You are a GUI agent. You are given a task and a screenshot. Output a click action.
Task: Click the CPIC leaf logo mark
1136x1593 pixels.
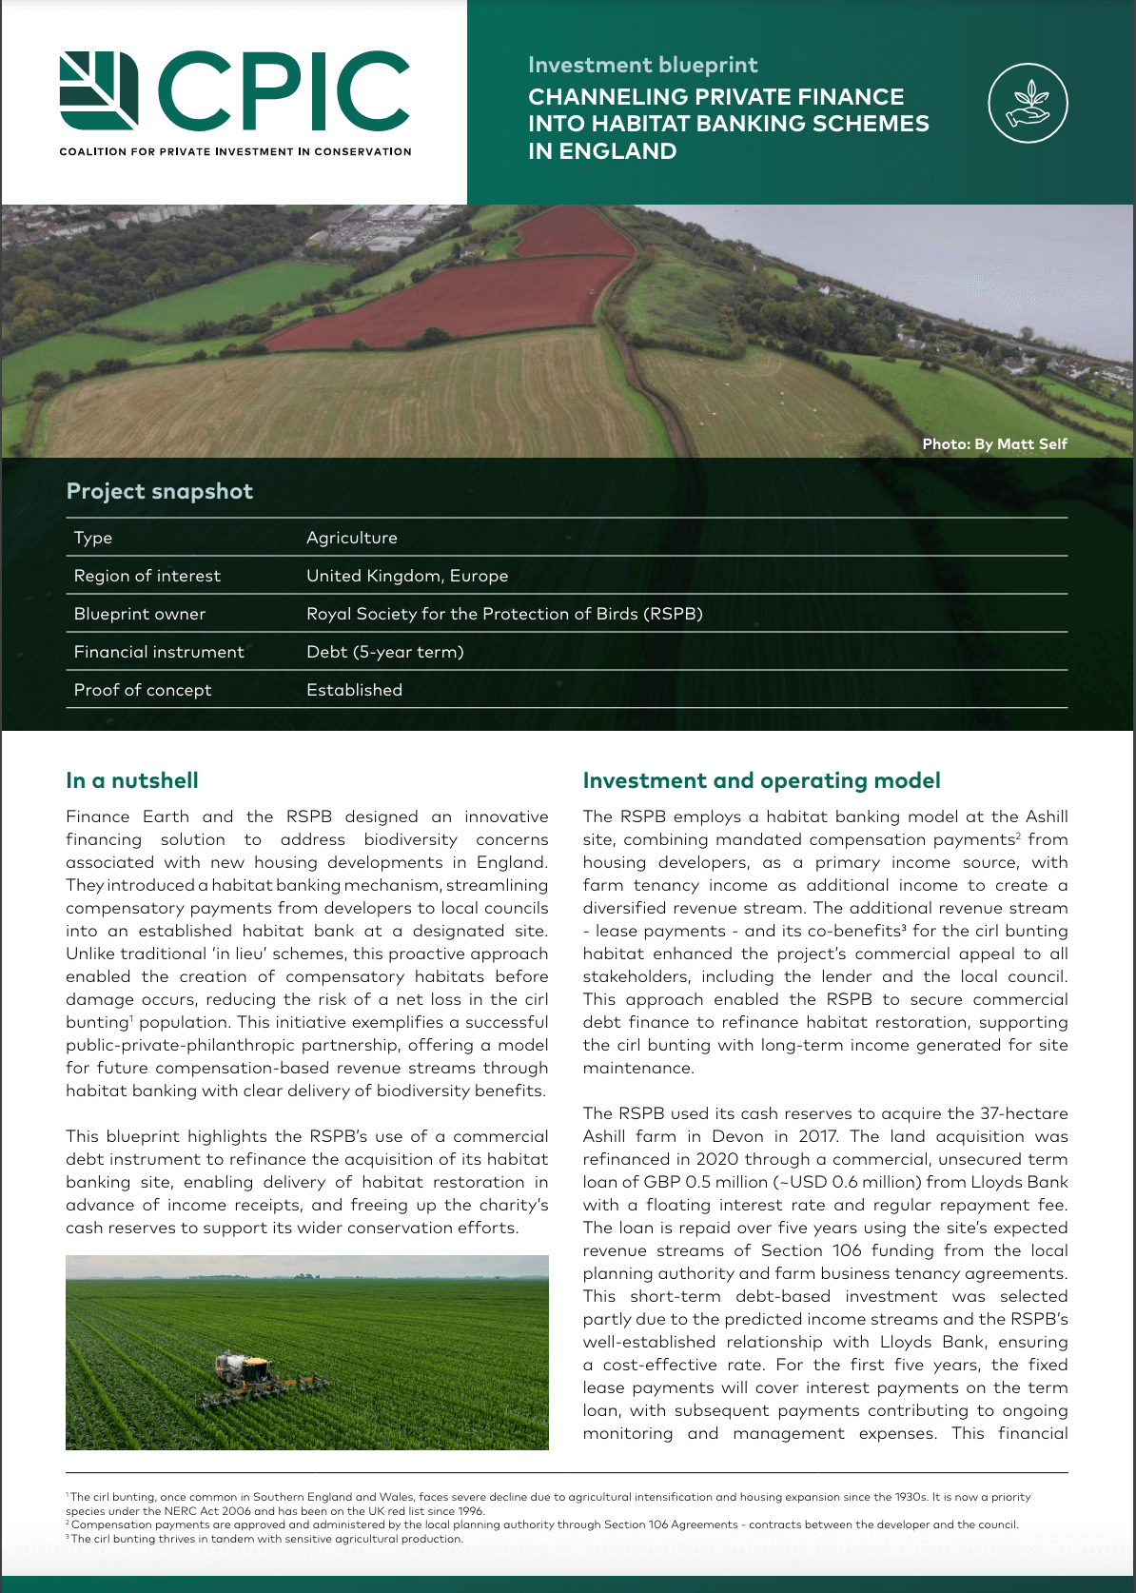point(99,90)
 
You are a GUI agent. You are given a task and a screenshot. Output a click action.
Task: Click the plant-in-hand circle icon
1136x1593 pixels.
point(1028,103)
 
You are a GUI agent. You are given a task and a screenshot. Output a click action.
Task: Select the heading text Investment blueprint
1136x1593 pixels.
point(642,65)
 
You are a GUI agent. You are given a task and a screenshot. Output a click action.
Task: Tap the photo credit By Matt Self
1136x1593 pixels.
point(994,443)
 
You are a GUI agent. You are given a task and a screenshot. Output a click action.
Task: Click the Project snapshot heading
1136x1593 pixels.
point(160,491)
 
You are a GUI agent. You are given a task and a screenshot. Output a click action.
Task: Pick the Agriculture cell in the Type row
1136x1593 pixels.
point(351,538)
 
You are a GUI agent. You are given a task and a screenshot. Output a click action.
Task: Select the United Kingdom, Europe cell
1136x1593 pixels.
point(406,576)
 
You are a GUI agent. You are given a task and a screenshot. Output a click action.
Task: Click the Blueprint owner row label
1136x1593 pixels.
point(140,614)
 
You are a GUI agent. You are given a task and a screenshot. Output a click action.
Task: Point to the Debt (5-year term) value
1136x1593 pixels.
point(384,652)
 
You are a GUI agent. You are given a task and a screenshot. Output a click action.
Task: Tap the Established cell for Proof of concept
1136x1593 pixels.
point(354,690)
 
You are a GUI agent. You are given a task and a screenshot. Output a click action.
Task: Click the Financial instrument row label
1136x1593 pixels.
point(159,652)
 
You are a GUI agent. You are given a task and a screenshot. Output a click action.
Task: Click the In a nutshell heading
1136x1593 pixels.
point(132,780)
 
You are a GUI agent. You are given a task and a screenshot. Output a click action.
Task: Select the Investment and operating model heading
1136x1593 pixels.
point(761,780)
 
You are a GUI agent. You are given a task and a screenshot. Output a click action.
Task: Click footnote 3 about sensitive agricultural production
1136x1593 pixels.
point(266,1539)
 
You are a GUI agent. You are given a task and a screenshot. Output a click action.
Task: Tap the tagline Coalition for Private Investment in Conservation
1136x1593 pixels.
point(235,151)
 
